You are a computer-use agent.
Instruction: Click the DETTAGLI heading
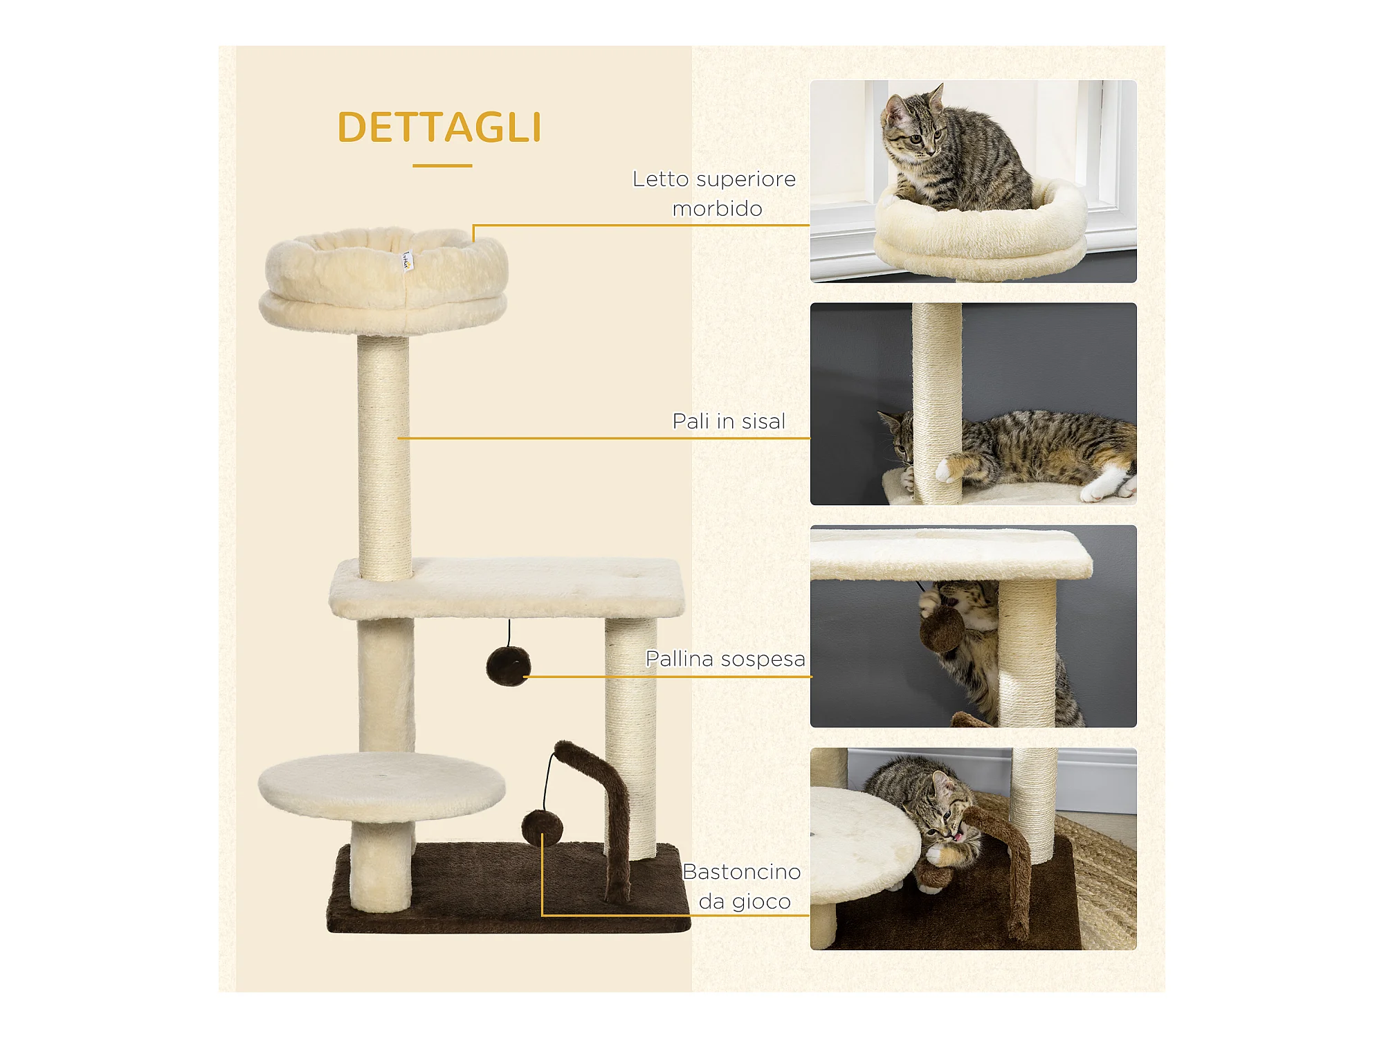(439, 127)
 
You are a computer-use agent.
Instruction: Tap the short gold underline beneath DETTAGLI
(442, 166)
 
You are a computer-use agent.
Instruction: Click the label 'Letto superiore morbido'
(715, 194)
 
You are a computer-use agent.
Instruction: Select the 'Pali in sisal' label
(729, 421)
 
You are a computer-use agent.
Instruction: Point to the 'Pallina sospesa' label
(725, 659)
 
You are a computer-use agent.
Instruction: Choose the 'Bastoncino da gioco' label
(742, 886)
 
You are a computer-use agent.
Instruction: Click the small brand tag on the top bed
(408, 262)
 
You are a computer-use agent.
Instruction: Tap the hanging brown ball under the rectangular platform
(508, 666)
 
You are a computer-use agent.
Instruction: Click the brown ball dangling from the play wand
(542, 828)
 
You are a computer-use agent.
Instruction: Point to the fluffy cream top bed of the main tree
(383, 280)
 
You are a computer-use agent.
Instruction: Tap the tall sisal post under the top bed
(383, 457)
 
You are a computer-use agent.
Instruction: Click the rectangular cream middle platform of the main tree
(507, 588)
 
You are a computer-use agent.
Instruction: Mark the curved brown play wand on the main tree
(598, 817)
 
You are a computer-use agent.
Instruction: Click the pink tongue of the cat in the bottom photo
(959, 836)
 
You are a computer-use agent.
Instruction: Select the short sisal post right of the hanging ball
(630, 737)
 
